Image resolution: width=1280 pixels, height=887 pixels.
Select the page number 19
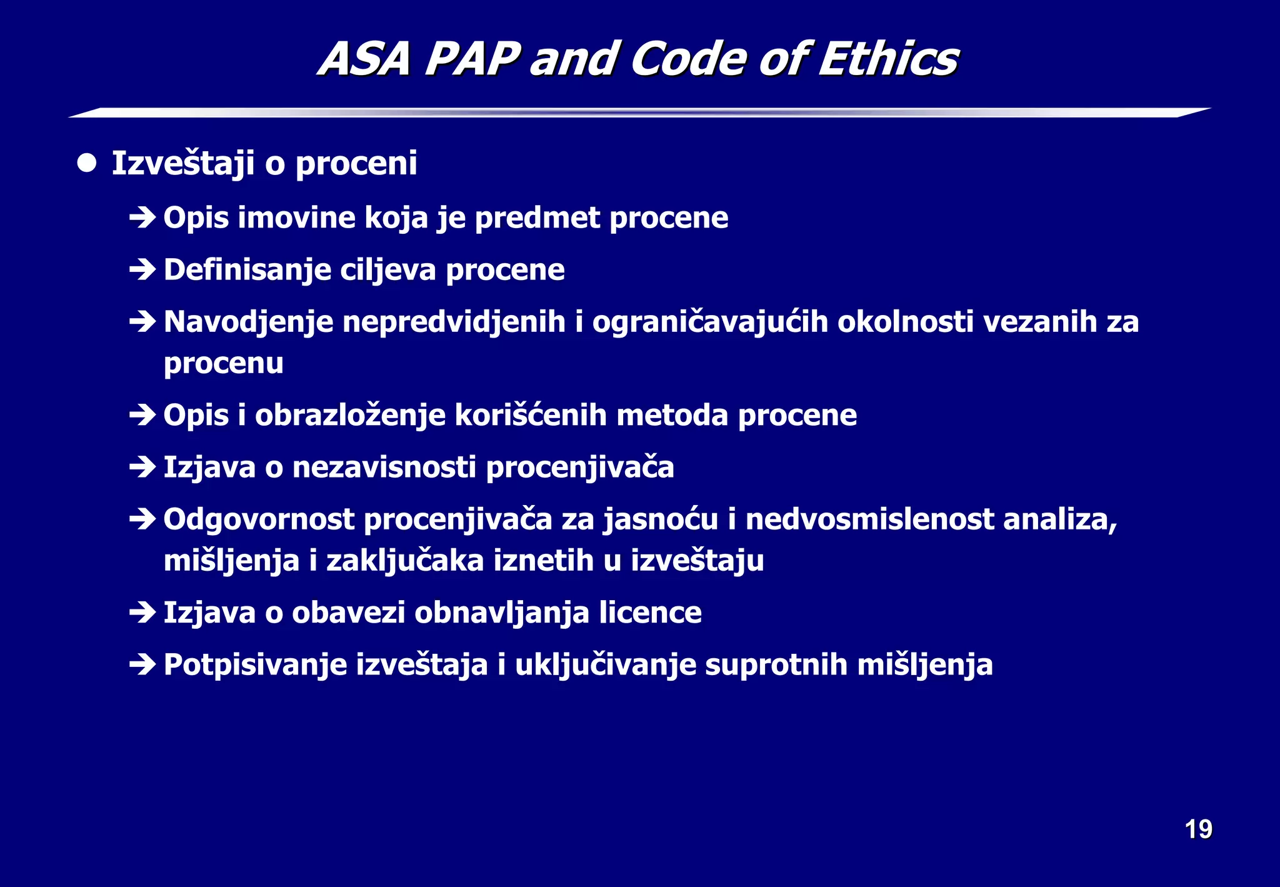[1198, 829]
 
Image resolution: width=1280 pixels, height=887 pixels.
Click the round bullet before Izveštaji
[87, 163]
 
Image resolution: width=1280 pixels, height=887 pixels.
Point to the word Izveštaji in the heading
[182, 164]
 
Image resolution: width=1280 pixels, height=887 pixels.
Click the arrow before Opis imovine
[142, 218]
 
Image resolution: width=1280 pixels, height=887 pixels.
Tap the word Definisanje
[247, 270]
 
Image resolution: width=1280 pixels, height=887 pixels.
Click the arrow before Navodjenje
[142, 322]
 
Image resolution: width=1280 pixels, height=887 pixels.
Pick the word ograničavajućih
[709, 323]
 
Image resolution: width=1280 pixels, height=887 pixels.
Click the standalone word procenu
[223, 364]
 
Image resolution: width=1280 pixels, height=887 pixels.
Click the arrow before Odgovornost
[142, 519]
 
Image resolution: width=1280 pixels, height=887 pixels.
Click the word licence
[650, 613]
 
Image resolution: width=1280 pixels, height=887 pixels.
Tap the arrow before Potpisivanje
[142, 664]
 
